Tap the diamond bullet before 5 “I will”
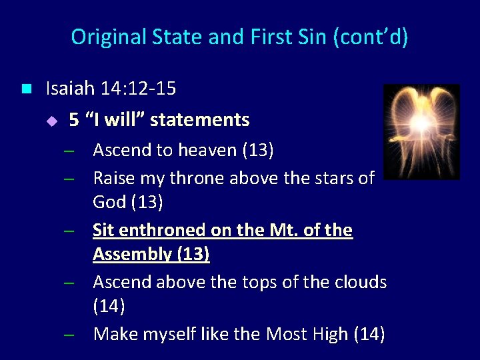[54, 121]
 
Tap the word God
[109, 202]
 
